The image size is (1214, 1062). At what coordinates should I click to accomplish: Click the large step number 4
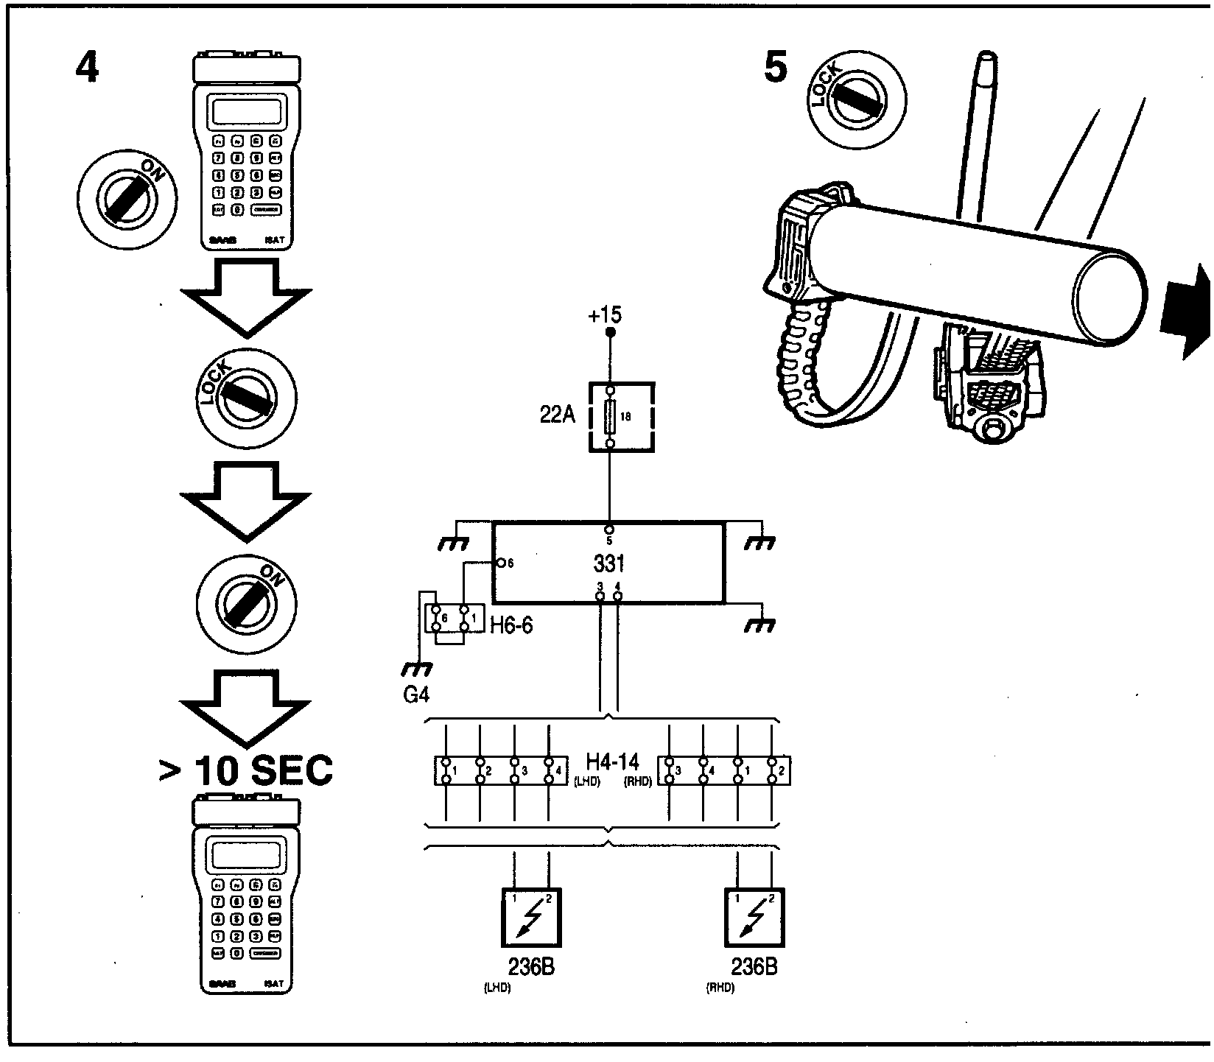pos(87,69)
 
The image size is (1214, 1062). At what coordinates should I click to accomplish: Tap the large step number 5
pos(776,68)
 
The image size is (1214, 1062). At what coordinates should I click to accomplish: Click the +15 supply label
pos(605,315)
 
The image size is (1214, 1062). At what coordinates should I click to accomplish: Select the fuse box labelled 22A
pos(622,417)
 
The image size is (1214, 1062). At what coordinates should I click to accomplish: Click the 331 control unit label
pos(608,563)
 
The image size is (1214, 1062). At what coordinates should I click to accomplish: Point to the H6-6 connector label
pos(510,626)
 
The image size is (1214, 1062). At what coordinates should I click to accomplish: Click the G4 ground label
pos(416,694)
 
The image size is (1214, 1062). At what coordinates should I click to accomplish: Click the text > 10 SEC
pos(246,771)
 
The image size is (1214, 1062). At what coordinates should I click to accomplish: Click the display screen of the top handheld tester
pos(247,110)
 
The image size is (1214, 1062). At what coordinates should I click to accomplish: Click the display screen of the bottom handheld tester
pos(247,855)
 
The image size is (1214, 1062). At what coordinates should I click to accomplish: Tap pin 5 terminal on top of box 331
pos(609,530)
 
